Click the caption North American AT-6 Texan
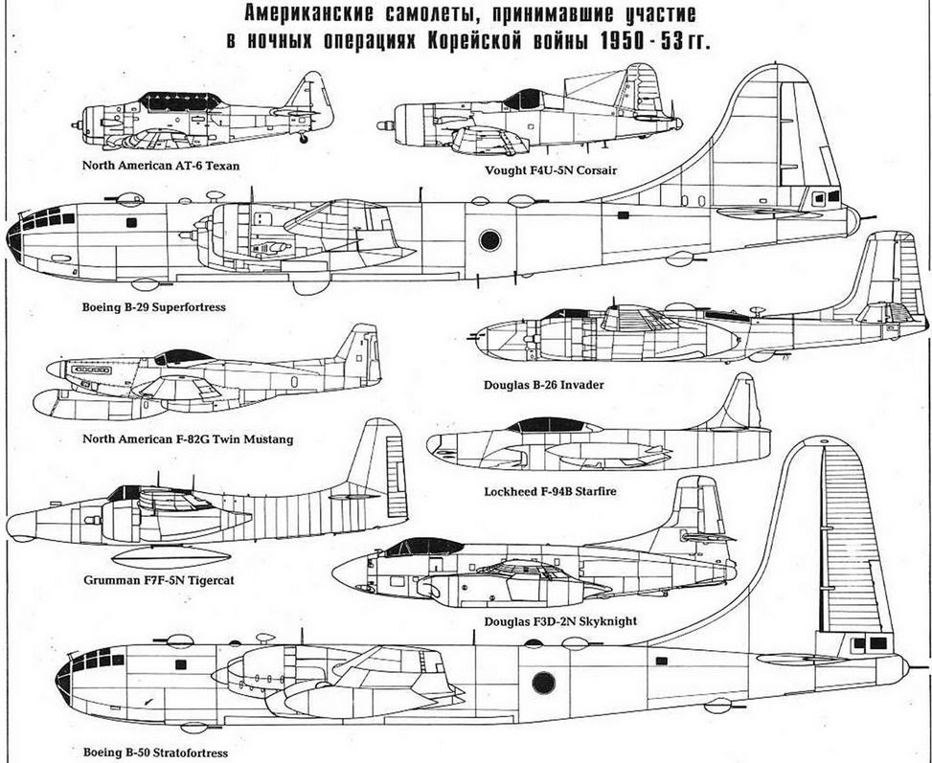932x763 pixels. pyautogui.click(x=161, y=166)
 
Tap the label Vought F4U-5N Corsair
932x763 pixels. pyautogui.click(x=551, y=170)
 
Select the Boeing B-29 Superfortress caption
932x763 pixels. pyautogui.click(x=154, y=307)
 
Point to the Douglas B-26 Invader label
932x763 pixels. pyautogui.click(x=544, y=385)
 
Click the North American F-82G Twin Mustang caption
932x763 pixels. pyautogui.click(x=188, y=439)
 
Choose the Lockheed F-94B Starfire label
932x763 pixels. pyautogui.click(x=550, y=491)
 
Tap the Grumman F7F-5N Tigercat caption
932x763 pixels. pyautogui.click(x=159, y=580)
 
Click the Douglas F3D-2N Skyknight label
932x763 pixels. pyautogui.click(x=560, y=621)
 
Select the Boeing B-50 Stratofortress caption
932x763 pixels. pyautogui.click(x=155, y=752)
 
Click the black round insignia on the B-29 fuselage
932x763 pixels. pyautogui.click(x=489, y=240)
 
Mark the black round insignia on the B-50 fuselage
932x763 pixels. pyautogui.click(x=543, y=684)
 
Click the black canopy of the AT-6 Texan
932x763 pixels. pyautogui.click(x=179, y=101)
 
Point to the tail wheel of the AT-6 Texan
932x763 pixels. pyautogui.click(x=304, y=139)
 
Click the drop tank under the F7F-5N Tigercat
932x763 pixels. pyautogui.click(x=171, y=557)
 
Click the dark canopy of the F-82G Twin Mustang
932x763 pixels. pyautogui.click(x=183, y=357)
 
